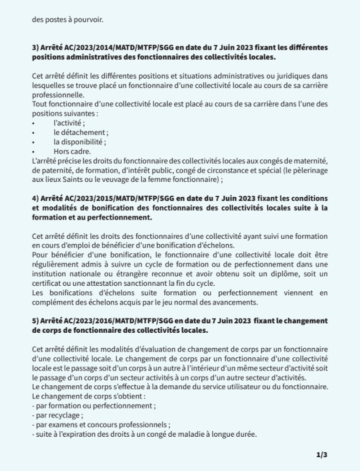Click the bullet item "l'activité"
(x=69, y=123)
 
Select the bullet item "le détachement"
(x=81, y=132)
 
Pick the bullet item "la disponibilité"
(x=80, y=142)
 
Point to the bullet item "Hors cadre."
(x=72, y=151)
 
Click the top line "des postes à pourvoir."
(x=68, y=20)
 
